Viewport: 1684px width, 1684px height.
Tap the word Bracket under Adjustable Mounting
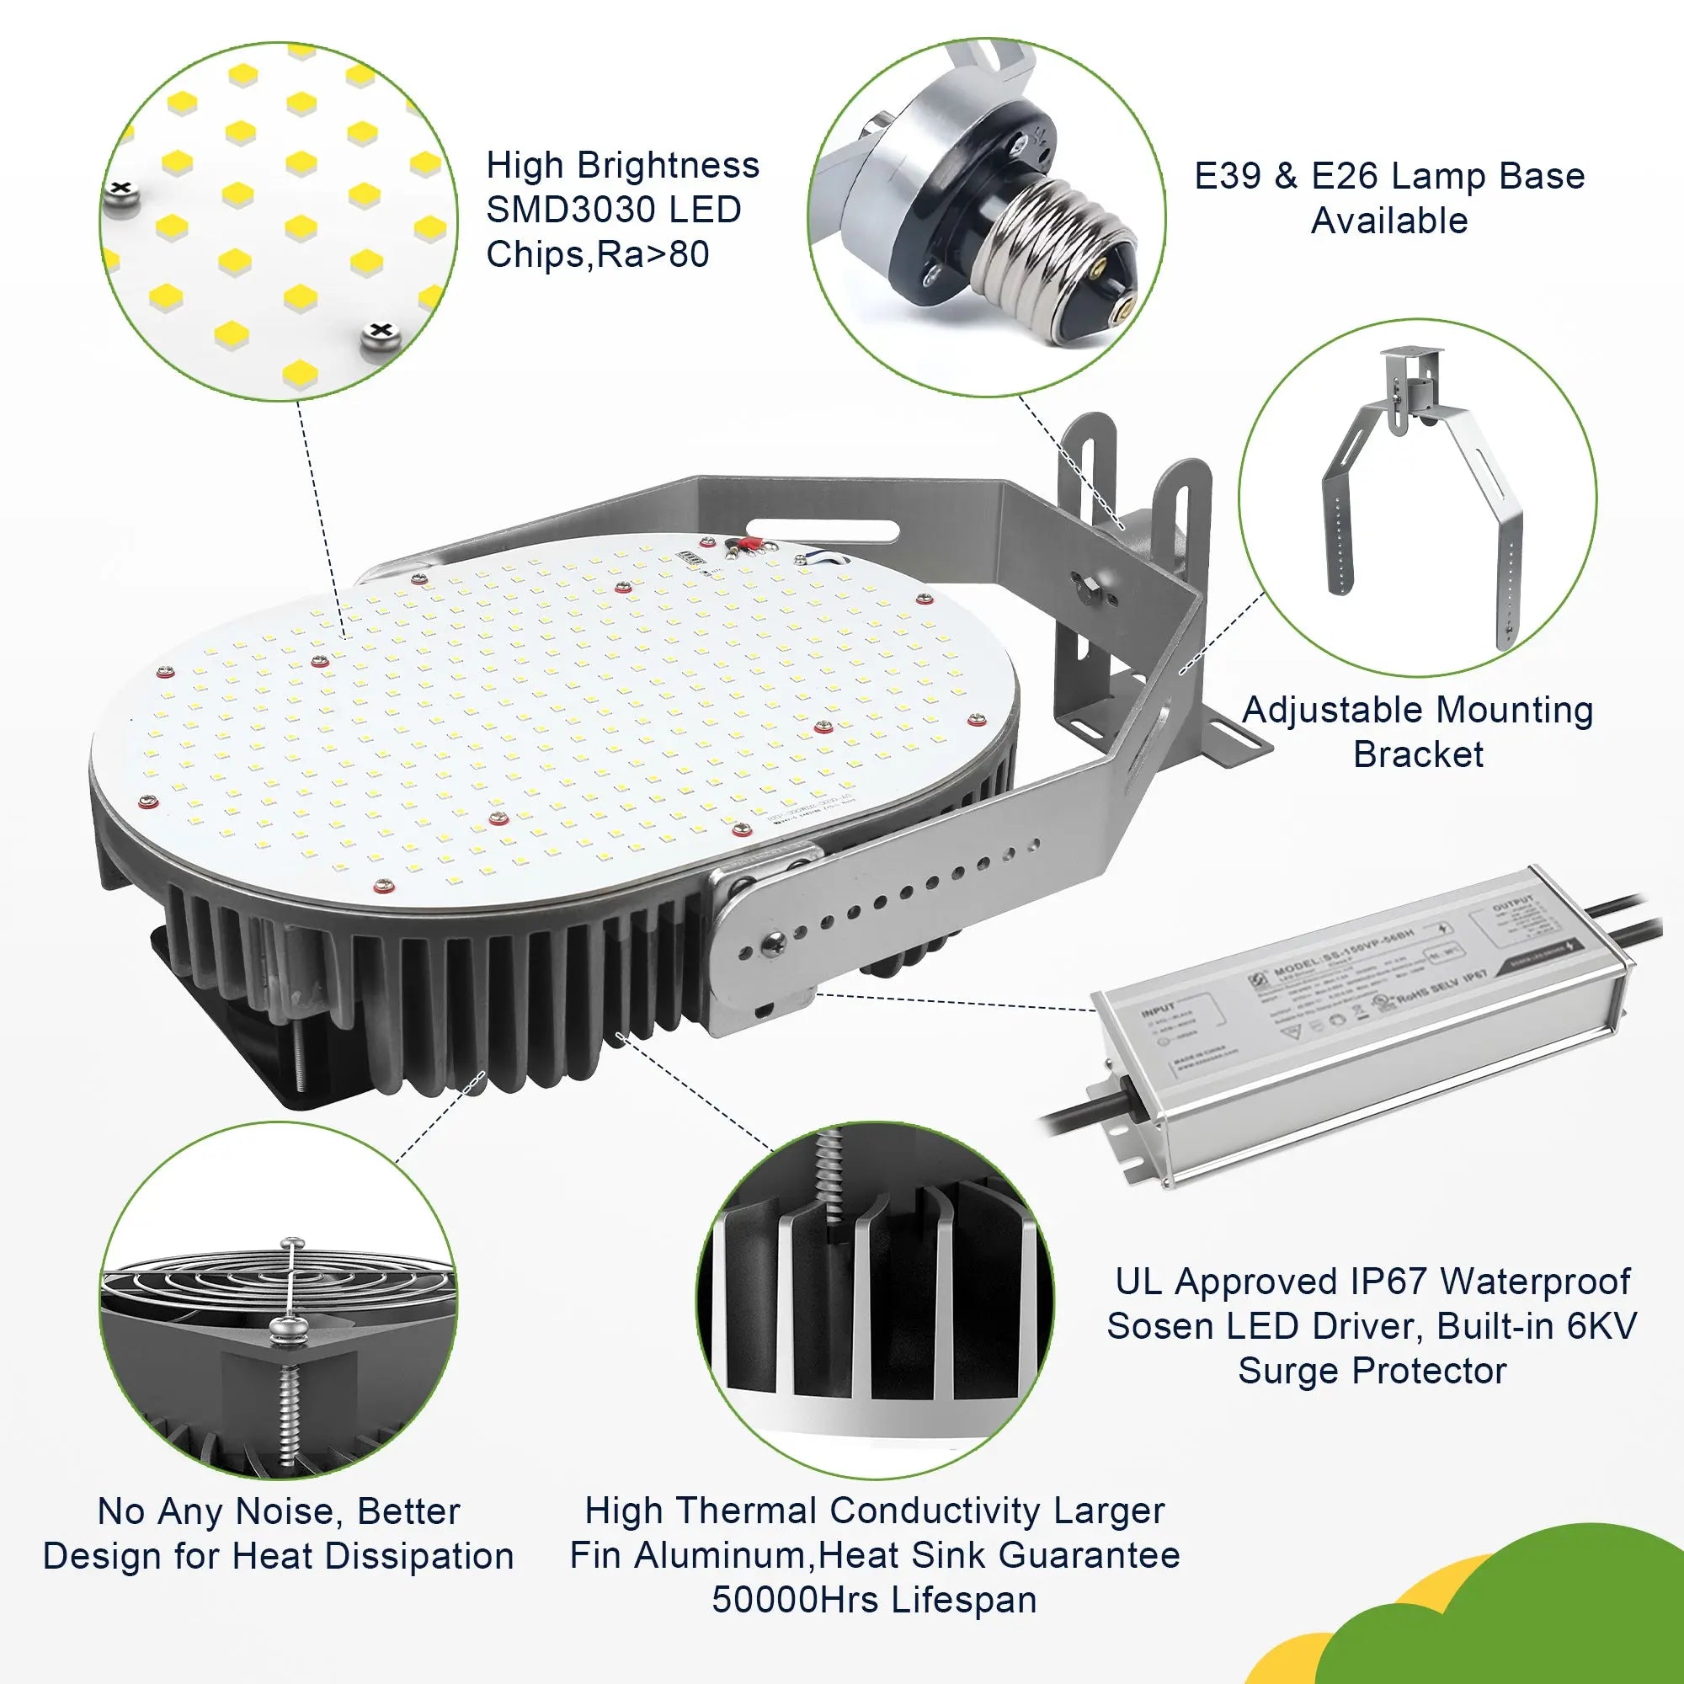coord(1418,754)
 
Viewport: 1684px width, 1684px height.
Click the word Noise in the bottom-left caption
coord(290,1511)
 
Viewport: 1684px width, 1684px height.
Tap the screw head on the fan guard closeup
coord(289,1329)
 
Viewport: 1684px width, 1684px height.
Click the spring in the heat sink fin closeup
coord(831,1177)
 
